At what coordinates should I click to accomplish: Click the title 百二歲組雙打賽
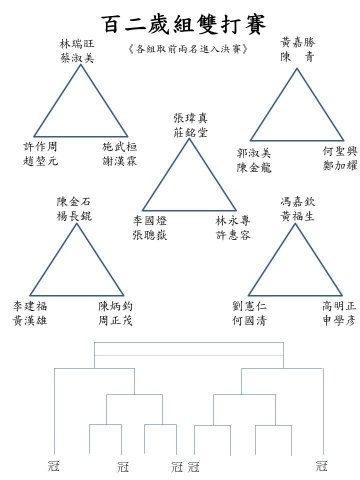pos(183,24)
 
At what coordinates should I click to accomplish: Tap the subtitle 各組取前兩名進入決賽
pos(187,49)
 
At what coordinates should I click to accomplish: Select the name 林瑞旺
pos(77,44)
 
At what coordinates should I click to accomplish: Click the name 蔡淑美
pos(77,58)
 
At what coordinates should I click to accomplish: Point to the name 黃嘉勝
pos(297,42)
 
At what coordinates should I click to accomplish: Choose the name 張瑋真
pos(190,118)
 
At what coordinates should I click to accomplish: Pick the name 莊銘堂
pos(190,132)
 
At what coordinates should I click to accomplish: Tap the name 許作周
pos(40,146)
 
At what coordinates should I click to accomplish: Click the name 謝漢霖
pos(119,161)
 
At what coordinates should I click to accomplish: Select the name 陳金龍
pos(254,167)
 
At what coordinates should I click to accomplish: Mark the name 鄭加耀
pos(340,165)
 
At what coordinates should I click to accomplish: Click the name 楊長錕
pos(74,216)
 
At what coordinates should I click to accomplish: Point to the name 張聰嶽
pos(149,235)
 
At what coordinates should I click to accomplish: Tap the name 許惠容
pos(233,235)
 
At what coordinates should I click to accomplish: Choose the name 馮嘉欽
pos(297,201)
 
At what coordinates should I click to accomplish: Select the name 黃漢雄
pos(29,320)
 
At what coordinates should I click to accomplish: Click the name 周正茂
pos(115,320)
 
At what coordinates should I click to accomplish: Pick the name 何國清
pos(249,320)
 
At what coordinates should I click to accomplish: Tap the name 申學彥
pos(339,320)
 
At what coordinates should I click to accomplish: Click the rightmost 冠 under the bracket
pos(321,466)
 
